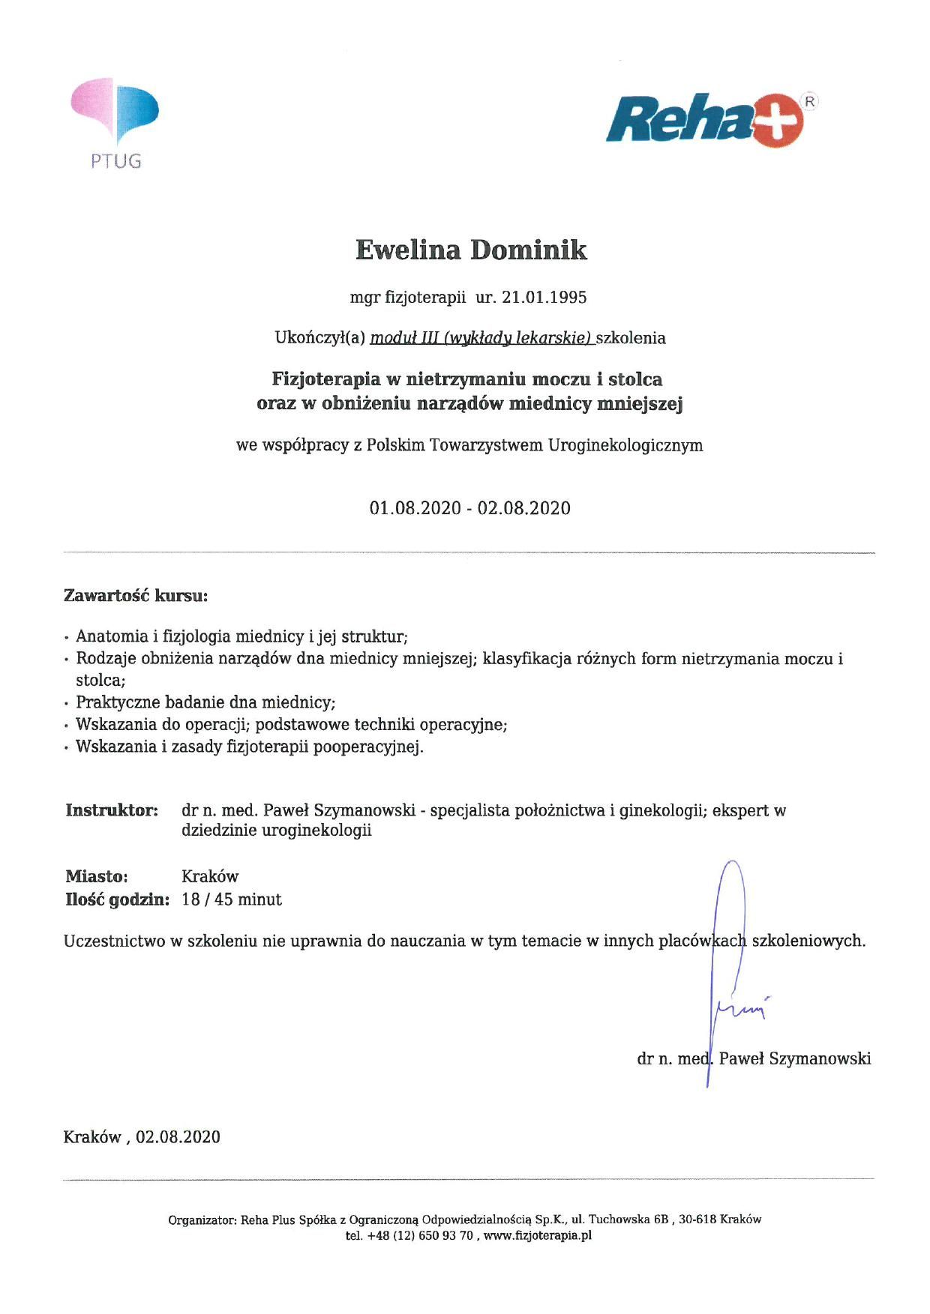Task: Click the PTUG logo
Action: (115, 122)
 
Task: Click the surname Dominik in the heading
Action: (528, 250)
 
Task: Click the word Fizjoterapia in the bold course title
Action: (325, 379)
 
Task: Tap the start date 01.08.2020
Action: (415, 508)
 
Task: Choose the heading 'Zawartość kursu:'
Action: (136, 597)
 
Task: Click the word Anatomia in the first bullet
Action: (112, 636)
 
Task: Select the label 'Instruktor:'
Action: (112, 810)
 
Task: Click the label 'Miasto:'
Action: (97, 876)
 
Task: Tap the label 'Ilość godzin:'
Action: (117, 899)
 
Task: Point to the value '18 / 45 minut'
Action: (232, 899)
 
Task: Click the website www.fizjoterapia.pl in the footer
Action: (538, 1236)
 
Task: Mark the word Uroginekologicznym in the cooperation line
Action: (625, 445)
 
